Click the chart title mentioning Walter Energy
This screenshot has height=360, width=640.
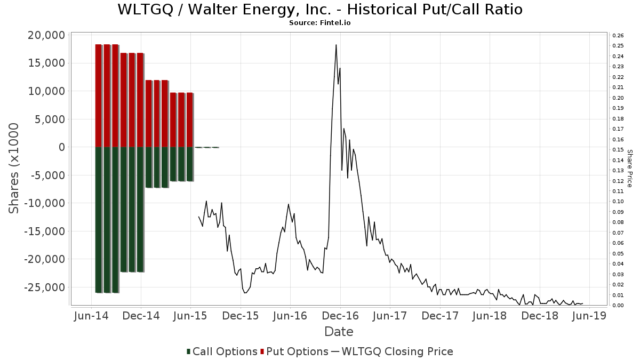tap(319, 10)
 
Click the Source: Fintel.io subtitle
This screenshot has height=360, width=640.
tap(319, 23)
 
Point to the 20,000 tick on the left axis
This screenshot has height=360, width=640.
tap(45, 35)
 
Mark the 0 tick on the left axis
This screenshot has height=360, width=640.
tap(62, 147)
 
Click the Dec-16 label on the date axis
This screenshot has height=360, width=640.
tap(339, 316)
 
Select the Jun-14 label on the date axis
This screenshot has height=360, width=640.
tap(91, 316)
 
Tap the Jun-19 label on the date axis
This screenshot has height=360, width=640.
tap(588, 316)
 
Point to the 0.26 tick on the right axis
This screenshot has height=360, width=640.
tap(618, 36)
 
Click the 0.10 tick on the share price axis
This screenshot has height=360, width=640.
tap(618, 202)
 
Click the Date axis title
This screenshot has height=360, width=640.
tap(339, 332)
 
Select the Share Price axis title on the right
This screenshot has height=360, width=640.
tap(629, 168)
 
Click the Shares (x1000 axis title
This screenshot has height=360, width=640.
tap(14, 168)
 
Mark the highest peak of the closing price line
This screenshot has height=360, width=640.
tap(336, 45)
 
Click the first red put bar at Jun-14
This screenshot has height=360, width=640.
tap(99, 96)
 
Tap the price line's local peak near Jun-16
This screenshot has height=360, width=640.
tap(289, 204)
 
